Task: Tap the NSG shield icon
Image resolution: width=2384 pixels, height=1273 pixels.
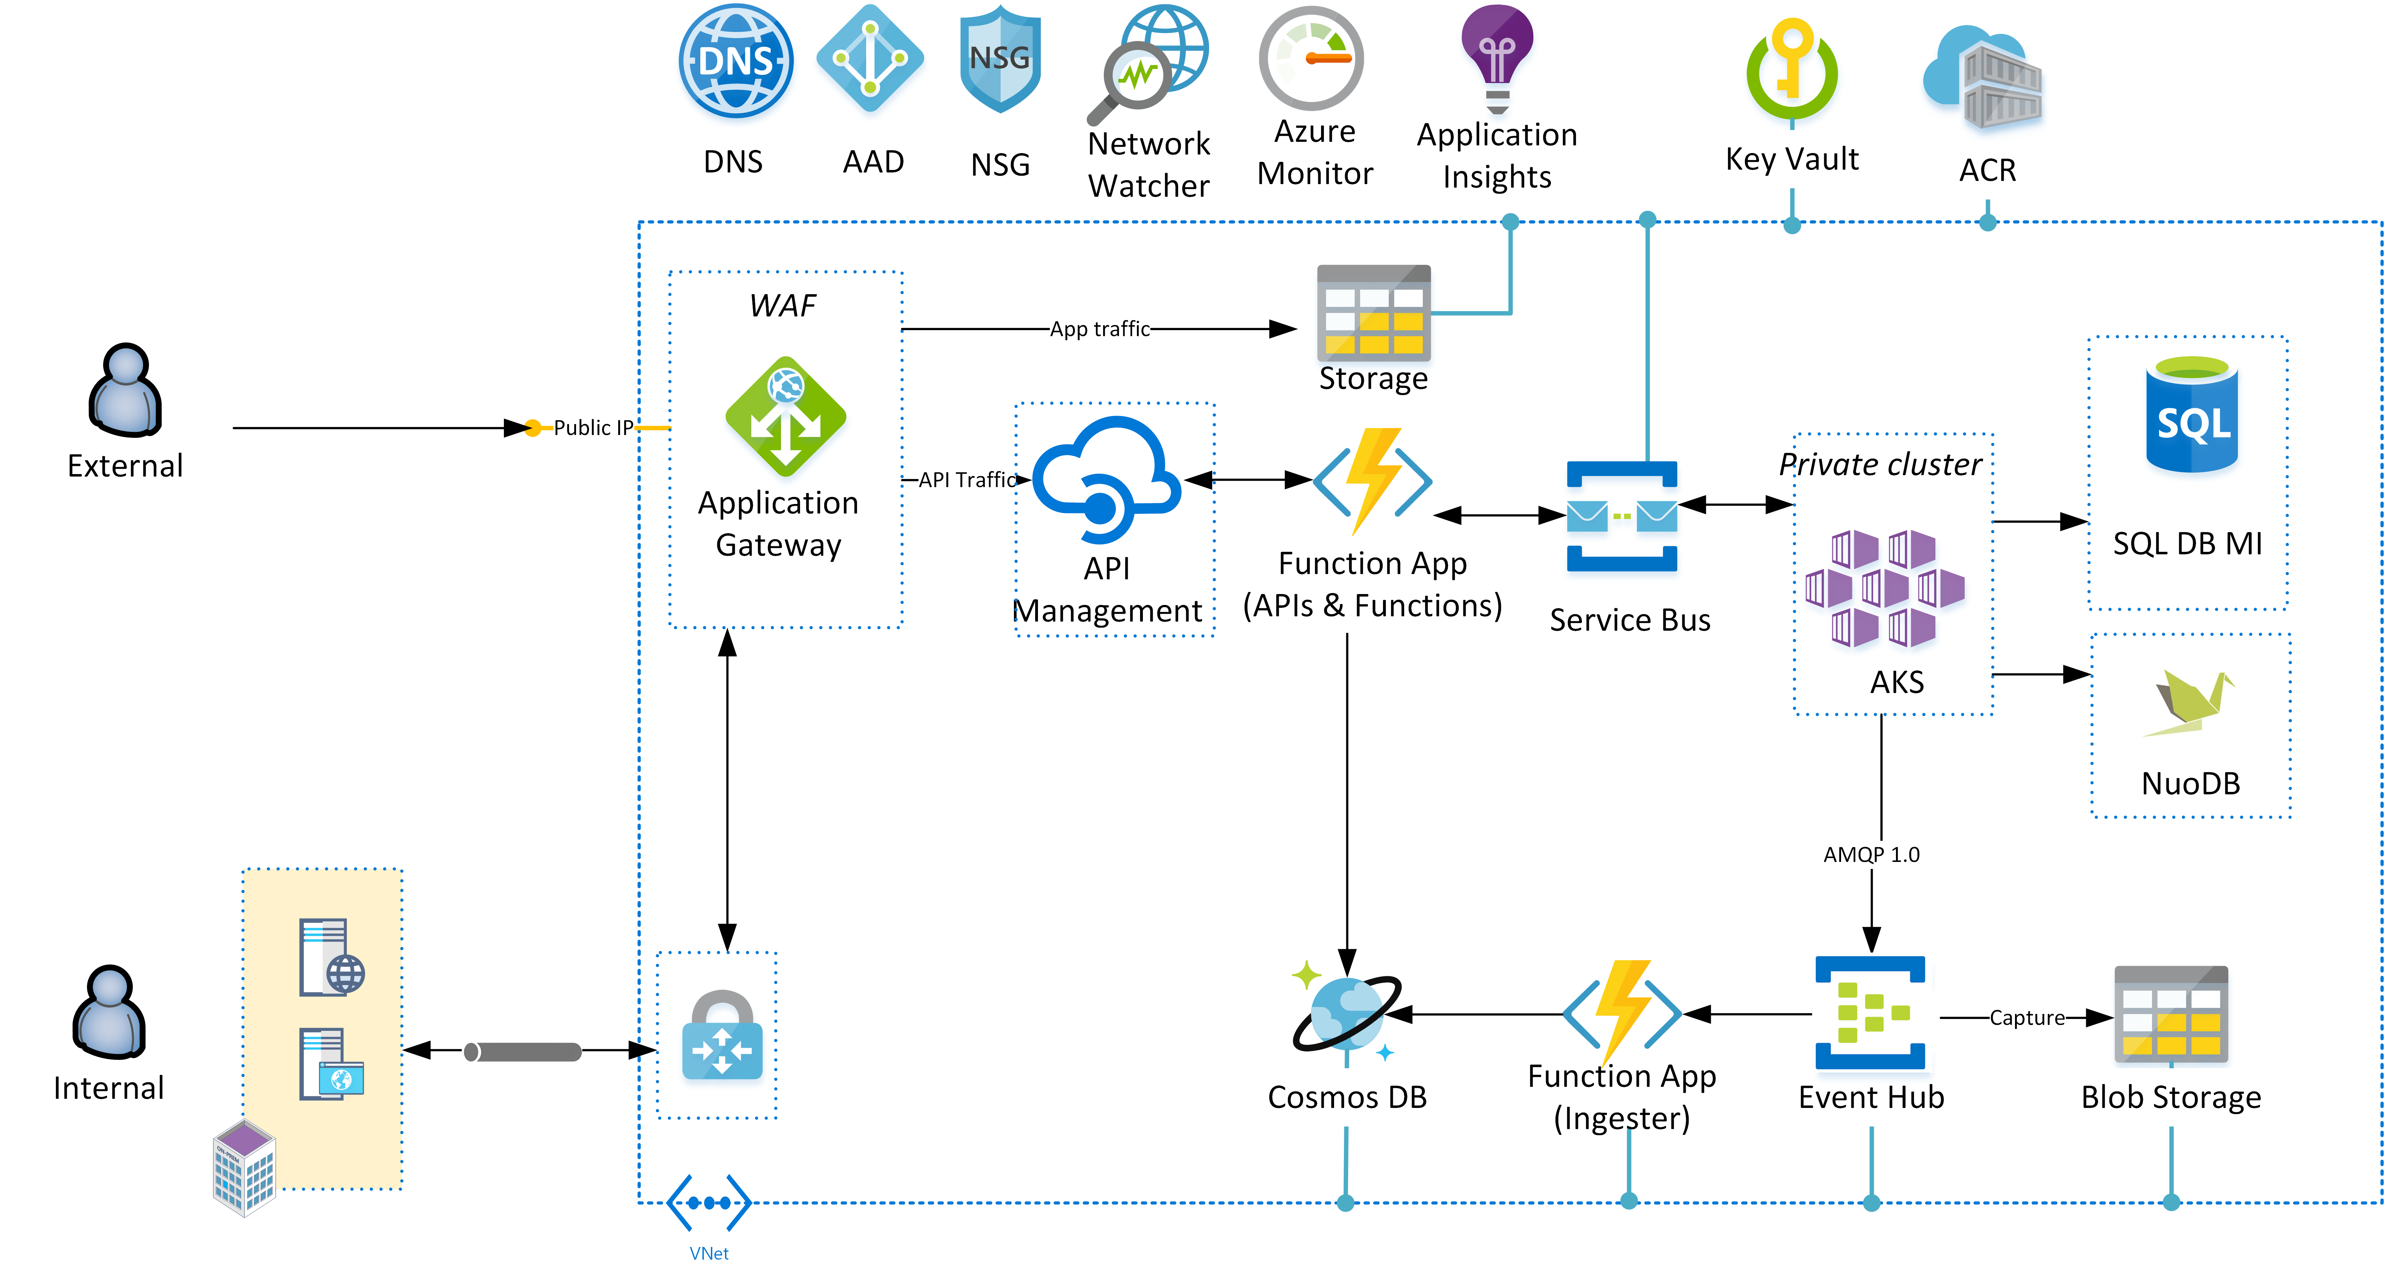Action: point(1000,60)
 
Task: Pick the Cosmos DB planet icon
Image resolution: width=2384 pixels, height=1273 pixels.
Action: point(1346,1013)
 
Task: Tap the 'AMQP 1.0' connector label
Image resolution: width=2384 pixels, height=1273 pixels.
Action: point(1871,854)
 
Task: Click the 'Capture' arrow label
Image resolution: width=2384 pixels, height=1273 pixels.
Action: point(2027,1017)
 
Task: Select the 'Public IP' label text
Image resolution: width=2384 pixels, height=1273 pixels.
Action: point(592,427)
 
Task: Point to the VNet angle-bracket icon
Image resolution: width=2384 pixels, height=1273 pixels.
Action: point(709,1203)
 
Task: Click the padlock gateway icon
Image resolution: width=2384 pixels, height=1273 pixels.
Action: point(722,1036)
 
